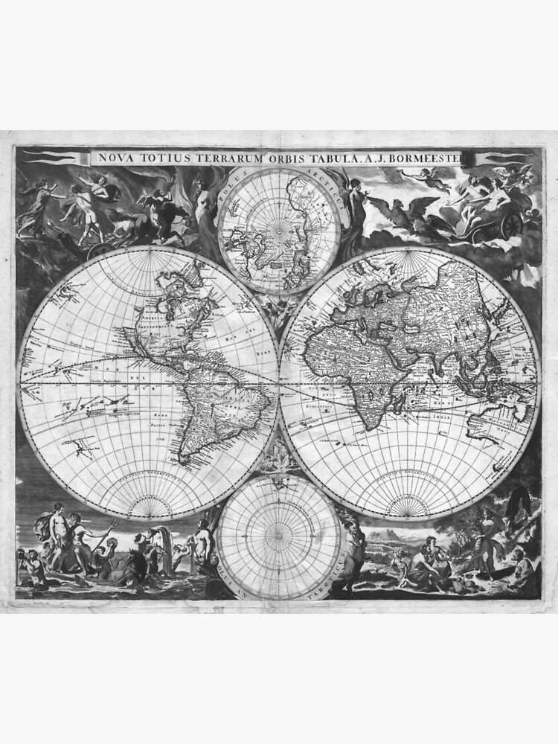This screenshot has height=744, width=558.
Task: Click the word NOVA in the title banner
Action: pyautogui.click(x=115, y=158)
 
